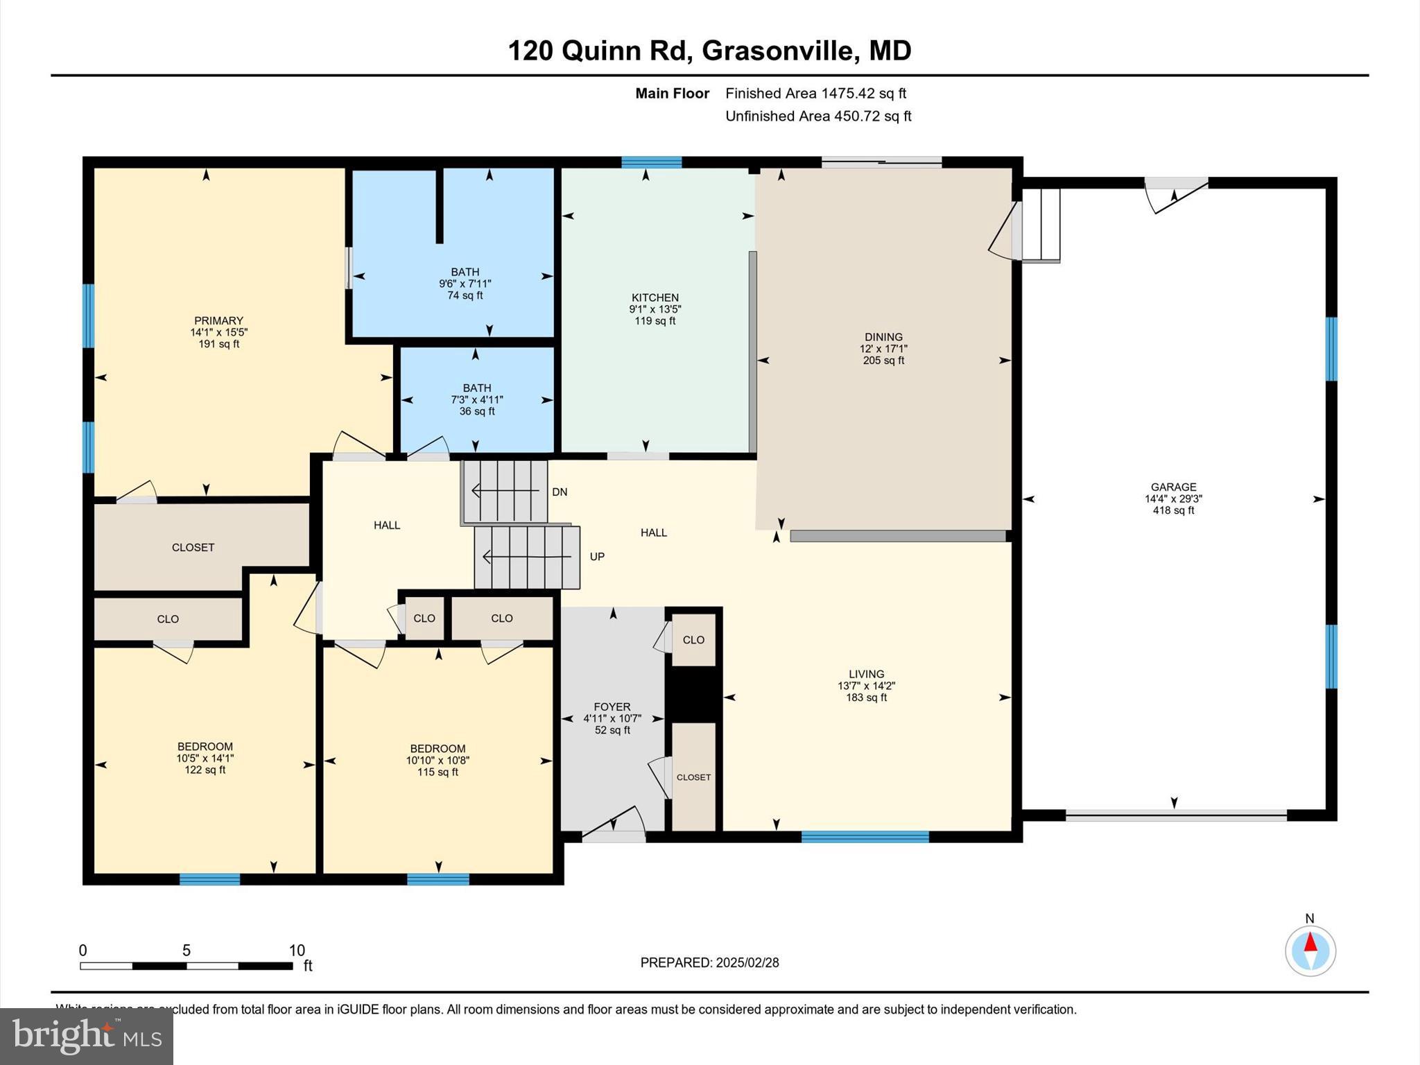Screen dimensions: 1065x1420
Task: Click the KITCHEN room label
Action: pos(655,297)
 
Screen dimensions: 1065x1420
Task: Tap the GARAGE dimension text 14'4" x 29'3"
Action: pos(1173,499)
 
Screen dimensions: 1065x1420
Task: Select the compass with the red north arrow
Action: pos(1310,951)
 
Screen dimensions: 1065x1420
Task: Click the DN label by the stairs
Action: pos(560,492)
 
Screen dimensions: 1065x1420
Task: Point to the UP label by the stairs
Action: pos(596,556)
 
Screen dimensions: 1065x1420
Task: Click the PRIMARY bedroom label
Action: pos(218,320)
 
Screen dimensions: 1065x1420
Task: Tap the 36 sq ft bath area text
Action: pos(476,411)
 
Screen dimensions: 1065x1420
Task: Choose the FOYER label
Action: pos(612,707)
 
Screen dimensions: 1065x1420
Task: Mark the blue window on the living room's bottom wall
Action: pos(865,837)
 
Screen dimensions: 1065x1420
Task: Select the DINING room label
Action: pos(883,337)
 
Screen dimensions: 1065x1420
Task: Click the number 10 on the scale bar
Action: pos(297,951)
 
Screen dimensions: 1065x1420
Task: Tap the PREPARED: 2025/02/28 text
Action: pos(709,962)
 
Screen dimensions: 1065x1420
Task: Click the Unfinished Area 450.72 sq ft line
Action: pos(818,116)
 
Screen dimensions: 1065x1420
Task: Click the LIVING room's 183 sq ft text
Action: pos(866,698)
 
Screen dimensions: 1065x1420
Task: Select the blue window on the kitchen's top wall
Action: pos(651,162)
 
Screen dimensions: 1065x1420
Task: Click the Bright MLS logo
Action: pos(87,1036)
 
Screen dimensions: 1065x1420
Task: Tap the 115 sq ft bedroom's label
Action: pos(438,748)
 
